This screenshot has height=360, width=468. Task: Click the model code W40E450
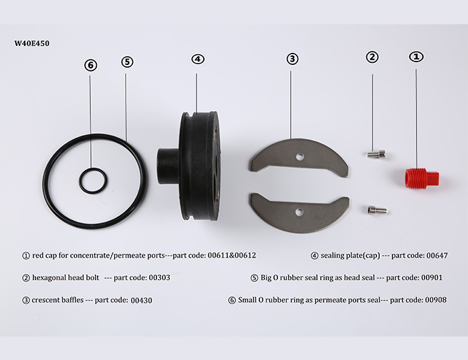pos(32,43)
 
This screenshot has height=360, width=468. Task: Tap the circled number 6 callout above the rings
pos(91,65)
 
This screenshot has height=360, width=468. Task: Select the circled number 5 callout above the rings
pos(127,62)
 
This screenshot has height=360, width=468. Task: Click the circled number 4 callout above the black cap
pos(198,59)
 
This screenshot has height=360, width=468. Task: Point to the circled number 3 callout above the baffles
pos(292,59)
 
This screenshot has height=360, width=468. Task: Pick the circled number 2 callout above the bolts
pos(372,57)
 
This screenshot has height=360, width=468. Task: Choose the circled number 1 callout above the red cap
pos(417,56)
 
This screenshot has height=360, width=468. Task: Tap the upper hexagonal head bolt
pos(376,154)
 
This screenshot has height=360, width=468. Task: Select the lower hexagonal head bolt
pos(378,209)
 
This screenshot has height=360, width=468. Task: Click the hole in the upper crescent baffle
pos(300,157)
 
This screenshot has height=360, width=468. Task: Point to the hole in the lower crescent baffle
pos(299,212)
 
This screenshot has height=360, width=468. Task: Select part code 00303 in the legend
pos(159,278)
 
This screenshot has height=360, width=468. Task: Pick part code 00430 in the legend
pos(142,300)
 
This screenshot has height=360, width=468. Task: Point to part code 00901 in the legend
pos(432,278)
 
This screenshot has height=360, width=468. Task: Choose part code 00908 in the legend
pos(436,300)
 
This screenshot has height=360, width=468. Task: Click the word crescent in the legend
pos(43,300)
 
